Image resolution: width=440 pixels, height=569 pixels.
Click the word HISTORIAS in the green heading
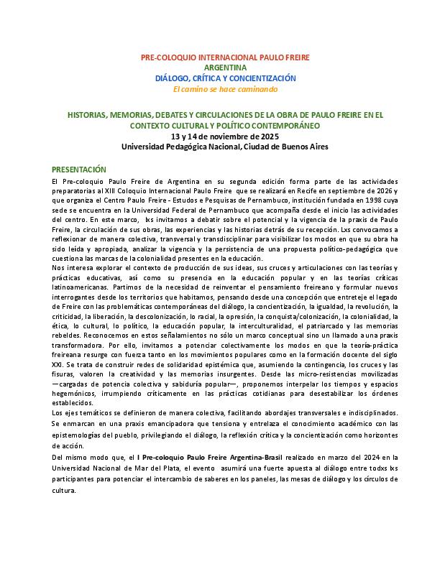click(87, 114)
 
